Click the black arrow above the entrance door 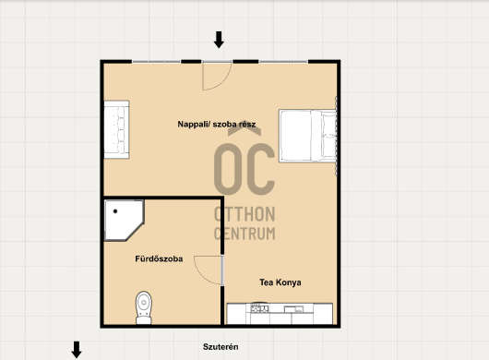pyautogui.click(x=219, y=40)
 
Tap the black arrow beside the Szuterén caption pyautogui.click(x=77, y=350)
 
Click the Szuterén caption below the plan pyautogui.click(x=221, y=347)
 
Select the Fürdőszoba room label pyautogui.click(x=159, y=259)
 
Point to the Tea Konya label pyautogui.click(x=280, y=282)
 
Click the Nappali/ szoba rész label pyautogui.click(x=217, y=125)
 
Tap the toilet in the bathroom pyautogui.click(x=144, y=307)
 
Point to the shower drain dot pyautogui.click(x=115, y=211)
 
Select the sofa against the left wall pyautogui.click(x=116, y=129)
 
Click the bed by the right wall pyautogui.click(x=307, y=136)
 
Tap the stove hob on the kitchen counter pyautogui.click(x=259, y=309)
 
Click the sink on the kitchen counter pyautogui.click(x=293, y=309)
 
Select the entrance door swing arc pyautogui.click(x=224, y=82)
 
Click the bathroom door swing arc pyautogui.click(x=200, y=274)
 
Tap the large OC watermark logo pyautogui.click(x=244, y=169)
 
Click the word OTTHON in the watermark pyautogui.click(x=244, y=214)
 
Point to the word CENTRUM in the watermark pyautogui.click(x=244, y=234)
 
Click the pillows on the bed pyautogui.click(x=329, y=136)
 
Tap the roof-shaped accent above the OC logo pyautogui.click(x=244, y=132)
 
